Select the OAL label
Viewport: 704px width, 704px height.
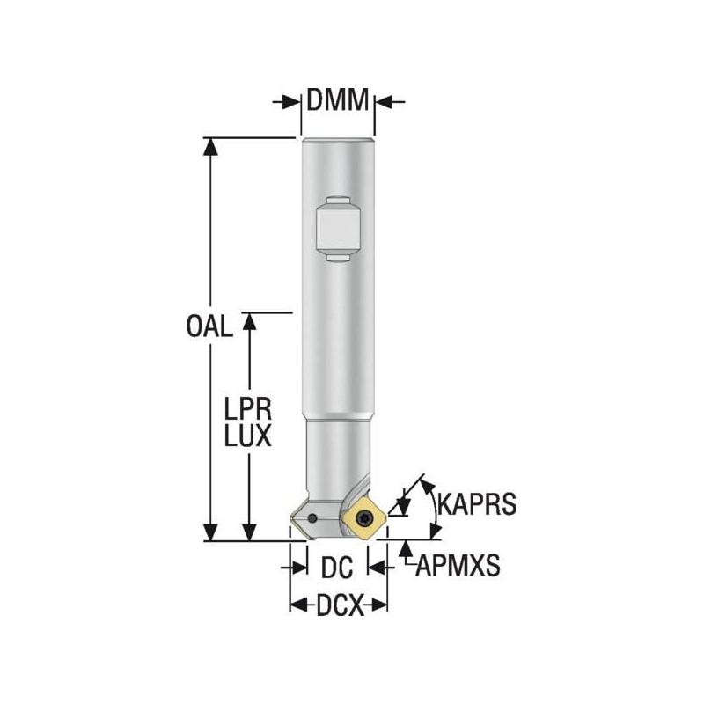[x=209, y=327]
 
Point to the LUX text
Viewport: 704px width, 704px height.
[x=246, y=436]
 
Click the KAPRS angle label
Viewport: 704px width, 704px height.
[x=475, y=506]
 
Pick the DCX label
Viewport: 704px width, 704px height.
[x=338, y=605]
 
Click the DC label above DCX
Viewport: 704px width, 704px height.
[x=336, y=568]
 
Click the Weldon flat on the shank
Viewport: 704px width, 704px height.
[x=336, y=227]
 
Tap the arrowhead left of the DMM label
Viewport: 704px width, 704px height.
[x=290, y=102]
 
